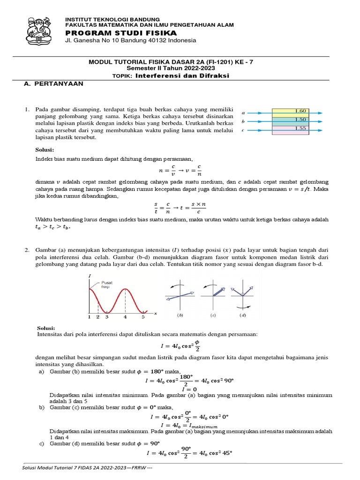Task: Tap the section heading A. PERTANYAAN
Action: tap(53, 83)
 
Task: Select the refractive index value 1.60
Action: tap(300, 111)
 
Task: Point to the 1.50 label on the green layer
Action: tap(300, 120)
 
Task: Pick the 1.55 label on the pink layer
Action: tap(300, 128)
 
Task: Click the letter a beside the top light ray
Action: tap(243, 113)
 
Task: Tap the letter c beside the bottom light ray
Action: tap(243, 130)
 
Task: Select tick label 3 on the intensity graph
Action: tap(106, 317)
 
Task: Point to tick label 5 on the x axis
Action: tap(143, 317)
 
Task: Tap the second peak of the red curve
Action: tap(125, 289)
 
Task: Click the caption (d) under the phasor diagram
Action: tap(242, 316)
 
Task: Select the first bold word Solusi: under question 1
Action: tap(45, 150)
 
